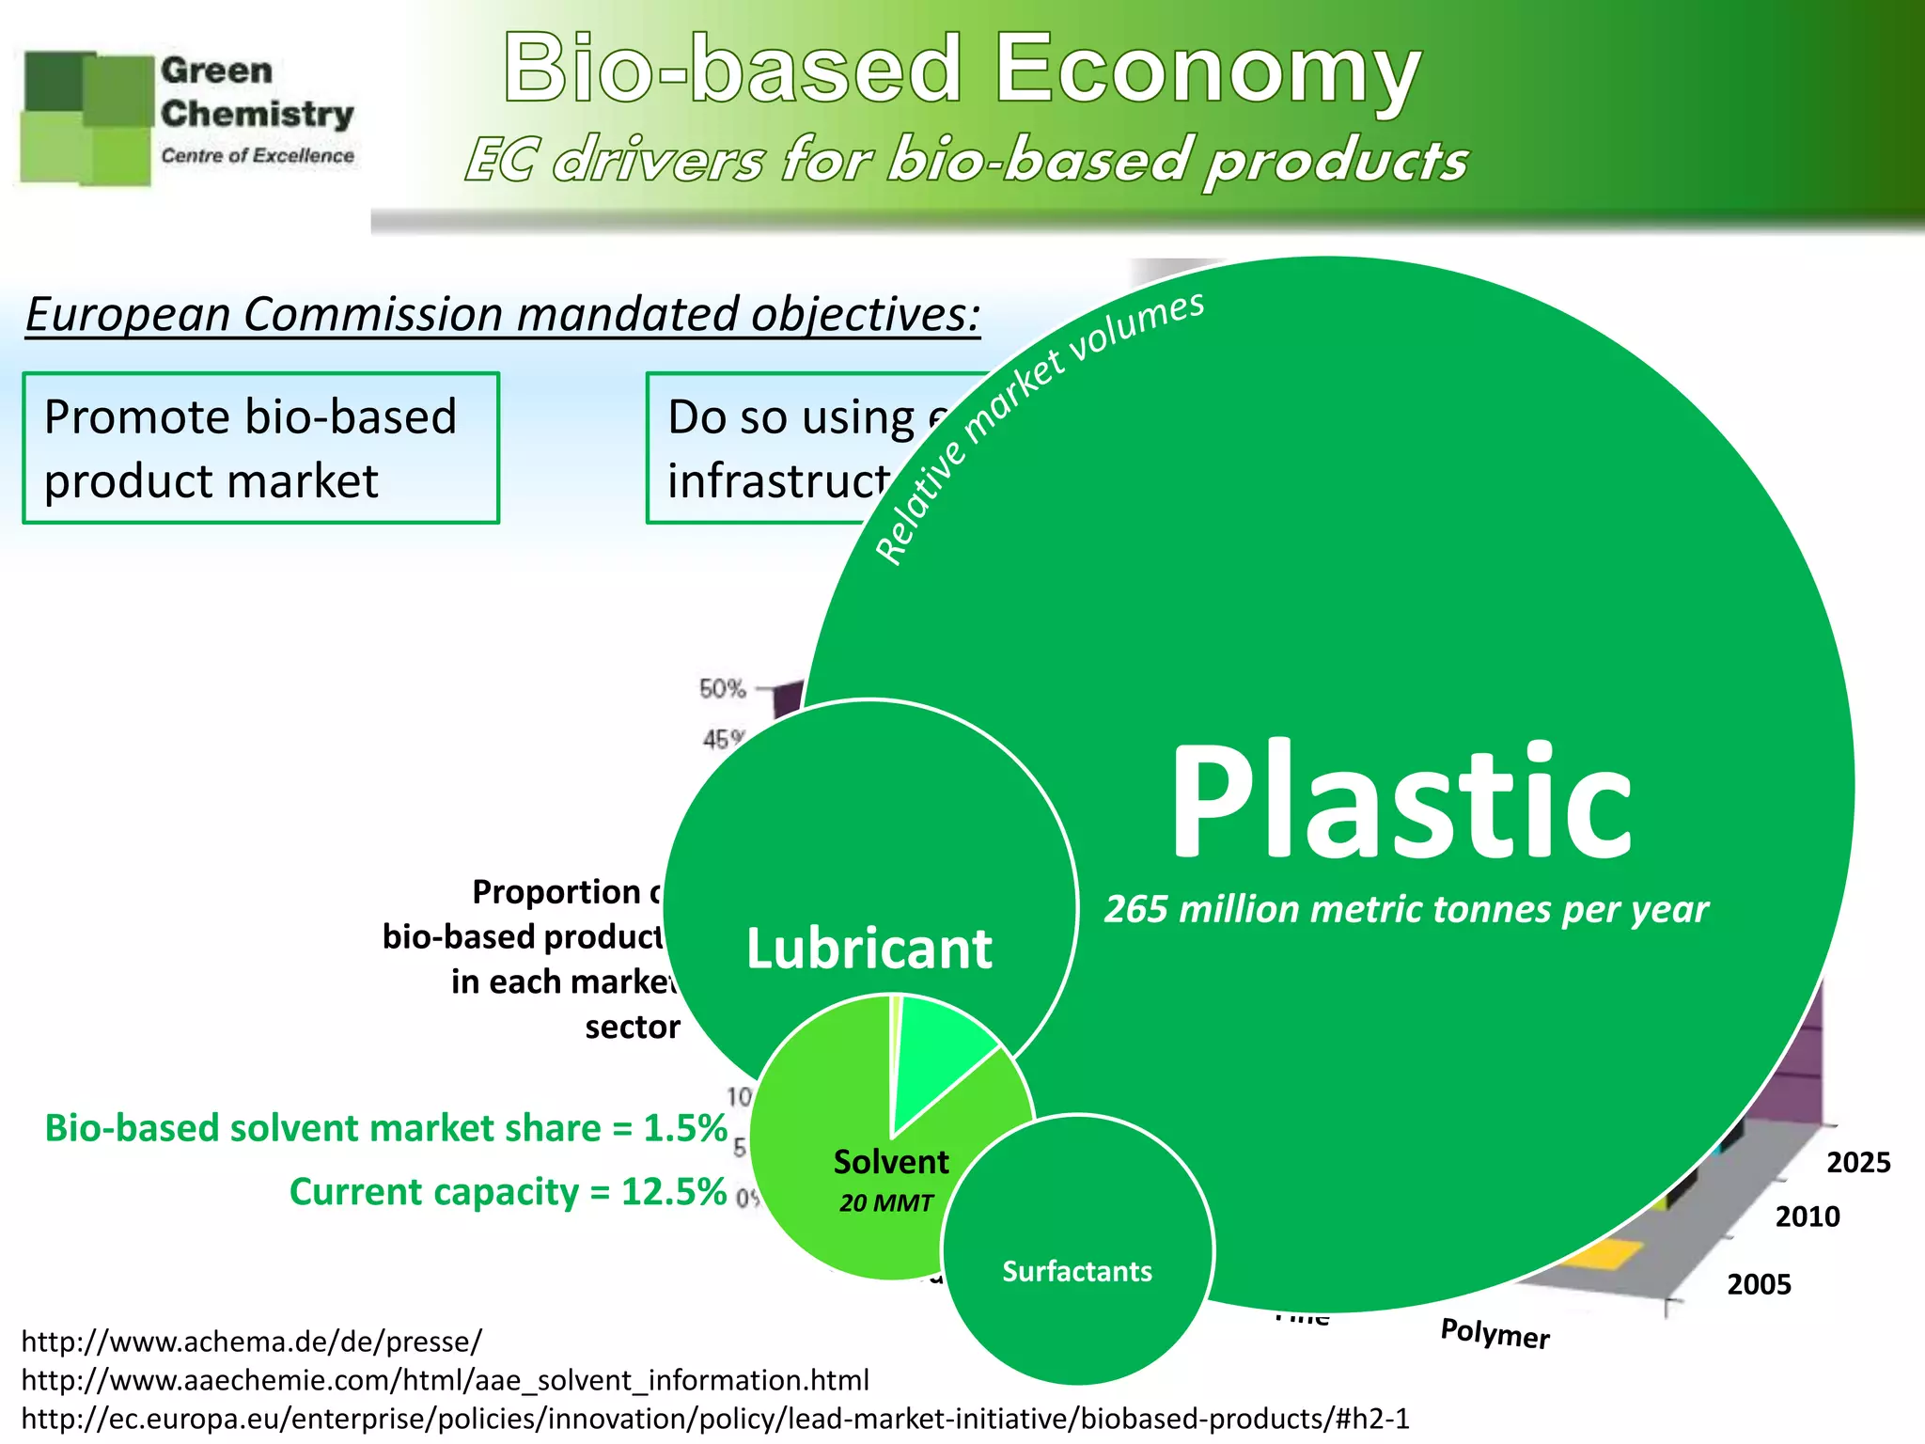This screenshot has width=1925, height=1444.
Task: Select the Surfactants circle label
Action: [x=1077, y=1271]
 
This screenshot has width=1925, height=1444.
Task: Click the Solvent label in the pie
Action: [x=891, y=1162]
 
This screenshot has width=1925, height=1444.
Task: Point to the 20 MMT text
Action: [x=885, y=1203]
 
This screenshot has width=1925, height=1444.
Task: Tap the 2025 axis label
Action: [x=1858, y=1163]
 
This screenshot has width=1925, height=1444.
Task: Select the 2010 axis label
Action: [x=1808, y=1217]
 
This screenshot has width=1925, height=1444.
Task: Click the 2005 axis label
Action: [x=1759, y=1284]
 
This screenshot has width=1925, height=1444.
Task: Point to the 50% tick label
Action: [x=722, y=689]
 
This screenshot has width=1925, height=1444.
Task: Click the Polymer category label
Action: [x=1495, y=1333]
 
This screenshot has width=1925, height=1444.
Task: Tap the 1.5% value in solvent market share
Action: [x=685, y=1128]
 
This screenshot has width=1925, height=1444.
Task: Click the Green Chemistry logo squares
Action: [x=87, y=118]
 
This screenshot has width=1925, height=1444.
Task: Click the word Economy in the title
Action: [x=1208, y=71]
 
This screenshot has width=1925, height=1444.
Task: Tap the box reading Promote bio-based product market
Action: [x=260, y=448]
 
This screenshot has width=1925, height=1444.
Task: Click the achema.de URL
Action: [x=251, y=1341]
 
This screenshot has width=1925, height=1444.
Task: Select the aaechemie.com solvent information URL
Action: [x=445, y=1380]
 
